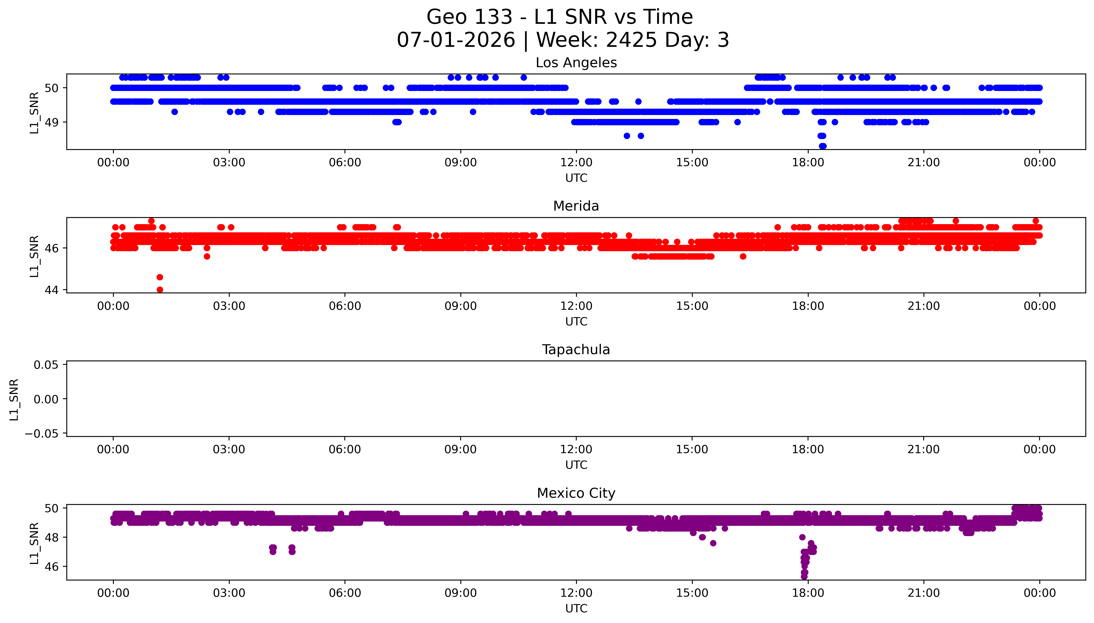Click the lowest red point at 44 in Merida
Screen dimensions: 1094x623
(x=160, y=290)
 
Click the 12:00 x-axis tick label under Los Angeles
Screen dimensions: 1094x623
(x=576, y=163)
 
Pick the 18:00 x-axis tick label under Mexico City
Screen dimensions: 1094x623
(x=808, y=593)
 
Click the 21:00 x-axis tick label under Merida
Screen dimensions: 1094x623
(x=924, y=306)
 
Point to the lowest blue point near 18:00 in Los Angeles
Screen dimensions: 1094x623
(x=822, y=146)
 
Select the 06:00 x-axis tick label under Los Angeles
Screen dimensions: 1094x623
(x=345, y=163)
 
